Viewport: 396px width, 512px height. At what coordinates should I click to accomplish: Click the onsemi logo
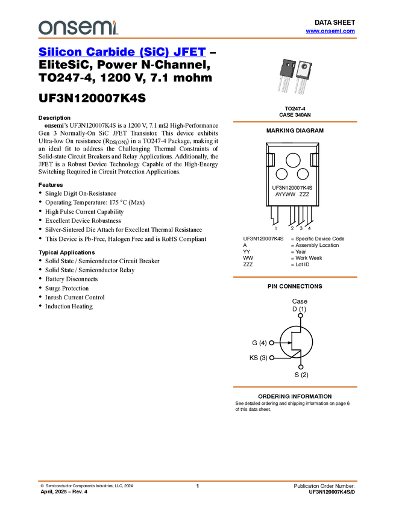(78, 27)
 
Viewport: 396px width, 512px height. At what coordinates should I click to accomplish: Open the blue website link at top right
(330, 31)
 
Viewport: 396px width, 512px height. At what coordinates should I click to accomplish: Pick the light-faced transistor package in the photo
(304, 76)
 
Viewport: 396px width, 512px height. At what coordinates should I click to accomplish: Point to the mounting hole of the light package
(304, 66)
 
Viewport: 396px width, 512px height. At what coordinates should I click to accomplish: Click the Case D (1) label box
(300, 305)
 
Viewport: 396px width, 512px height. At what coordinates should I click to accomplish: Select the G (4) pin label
(257, 343)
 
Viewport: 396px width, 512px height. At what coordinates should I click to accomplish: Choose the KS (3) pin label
(257, 358)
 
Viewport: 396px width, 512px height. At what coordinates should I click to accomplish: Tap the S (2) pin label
(301, 375)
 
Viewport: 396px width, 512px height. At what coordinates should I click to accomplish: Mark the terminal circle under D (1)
(300, 316)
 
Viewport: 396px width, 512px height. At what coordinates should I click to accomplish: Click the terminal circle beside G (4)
(271, 343)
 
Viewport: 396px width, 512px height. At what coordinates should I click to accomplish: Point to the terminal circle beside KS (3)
(271, 358)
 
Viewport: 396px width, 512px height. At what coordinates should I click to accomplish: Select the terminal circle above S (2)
(301, 367)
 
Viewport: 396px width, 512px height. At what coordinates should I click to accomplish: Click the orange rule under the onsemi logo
(198, 39)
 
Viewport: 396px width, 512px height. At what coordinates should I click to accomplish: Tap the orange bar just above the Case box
(295, 277)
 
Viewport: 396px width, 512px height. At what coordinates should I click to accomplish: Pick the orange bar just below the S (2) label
(295, 387)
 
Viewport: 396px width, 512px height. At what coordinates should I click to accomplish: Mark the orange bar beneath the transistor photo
(295, 122)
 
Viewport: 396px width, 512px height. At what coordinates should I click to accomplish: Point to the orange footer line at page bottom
(198, 481)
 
